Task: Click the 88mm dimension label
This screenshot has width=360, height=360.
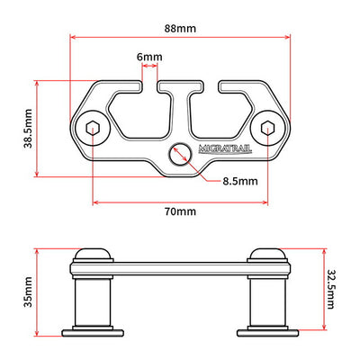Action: coord(180,29)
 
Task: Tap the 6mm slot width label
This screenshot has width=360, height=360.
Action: coord(149,57)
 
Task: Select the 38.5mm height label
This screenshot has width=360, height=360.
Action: coord(29,129)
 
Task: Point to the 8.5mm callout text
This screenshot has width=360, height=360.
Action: coord(240,181)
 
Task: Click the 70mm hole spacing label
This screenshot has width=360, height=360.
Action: coord(180,211)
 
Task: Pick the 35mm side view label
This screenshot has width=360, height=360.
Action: coord(29,292)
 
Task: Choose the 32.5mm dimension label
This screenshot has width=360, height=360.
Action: coord(330,289)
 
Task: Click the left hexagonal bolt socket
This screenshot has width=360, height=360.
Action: coord(92,129)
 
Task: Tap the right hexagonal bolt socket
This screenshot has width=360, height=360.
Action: coord(267,129)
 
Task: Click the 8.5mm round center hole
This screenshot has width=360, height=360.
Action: coord(180,153)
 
